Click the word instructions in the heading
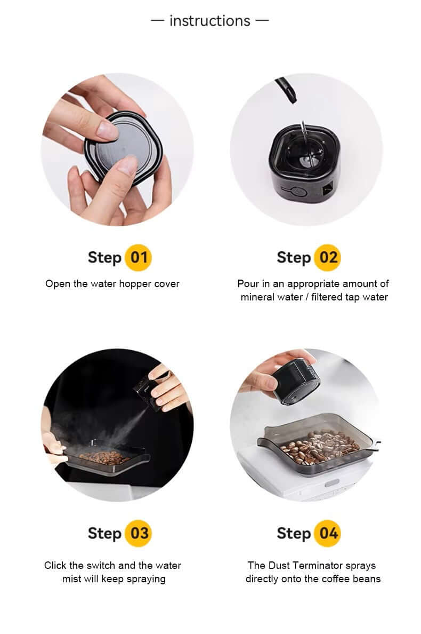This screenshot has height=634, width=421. (x=209, y=21)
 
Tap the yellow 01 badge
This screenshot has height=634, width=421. (x=139, y=258)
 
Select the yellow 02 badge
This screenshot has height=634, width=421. (x=327, y=258)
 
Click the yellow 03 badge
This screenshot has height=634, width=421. (x=139, y=533)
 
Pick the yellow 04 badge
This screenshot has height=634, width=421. (x=327, y=533)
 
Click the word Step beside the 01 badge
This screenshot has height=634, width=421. (x=105, y=258)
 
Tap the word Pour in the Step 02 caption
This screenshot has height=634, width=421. (x=248, y=283)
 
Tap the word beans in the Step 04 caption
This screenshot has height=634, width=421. (x=366, y=578)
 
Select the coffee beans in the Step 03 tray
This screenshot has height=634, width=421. (x=104, y=457)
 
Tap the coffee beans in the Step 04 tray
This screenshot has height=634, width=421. (x=320, y=447)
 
